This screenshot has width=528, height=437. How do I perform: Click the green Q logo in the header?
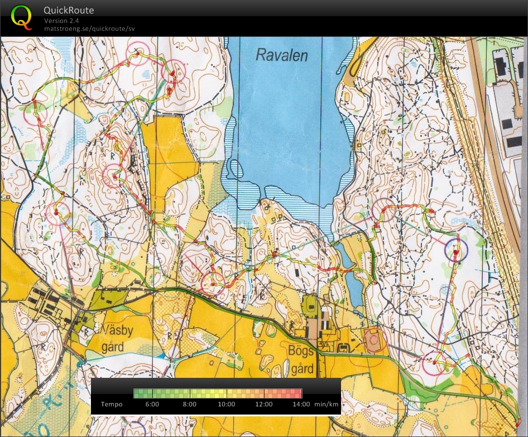click(22, 17)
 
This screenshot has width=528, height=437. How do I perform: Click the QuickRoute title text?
click(69, 10)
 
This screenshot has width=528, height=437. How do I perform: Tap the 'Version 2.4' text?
click(61, 21)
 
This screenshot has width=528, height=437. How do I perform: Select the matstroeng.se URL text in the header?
click(89, 28)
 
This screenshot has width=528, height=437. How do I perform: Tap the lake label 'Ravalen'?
click(281, 55)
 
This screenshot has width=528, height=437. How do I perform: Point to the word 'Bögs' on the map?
click(301, 356)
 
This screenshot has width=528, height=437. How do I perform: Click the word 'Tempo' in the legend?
click(111, 404)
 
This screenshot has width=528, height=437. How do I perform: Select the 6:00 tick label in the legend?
click(152, 404)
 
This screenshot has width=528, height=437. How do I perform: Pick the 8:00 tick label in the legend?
click(190, 404)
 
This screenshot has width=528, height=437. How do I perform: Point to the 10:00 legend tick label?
click(227, 404)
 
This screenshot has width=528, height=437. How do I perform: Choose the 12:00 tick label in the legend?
click(264, 404)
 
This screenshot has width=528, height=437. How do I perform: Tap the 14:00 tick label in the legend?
click(300, 404)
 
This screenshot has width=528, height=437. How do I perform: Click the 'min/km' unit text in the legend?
click(327, 404)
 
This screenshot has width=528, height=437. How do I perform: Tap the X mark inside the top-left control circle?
click(135, 51)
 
